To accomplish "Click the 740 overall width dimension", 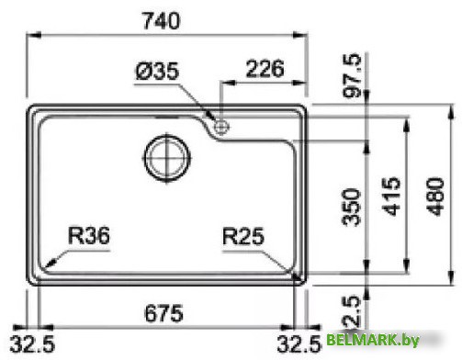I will pos(168,18).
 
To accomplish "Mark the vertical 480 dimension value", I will pos(437,195).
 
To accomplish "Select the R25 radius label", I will pos(242,238).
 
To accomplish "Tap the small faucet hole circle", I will pos(221,127).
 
